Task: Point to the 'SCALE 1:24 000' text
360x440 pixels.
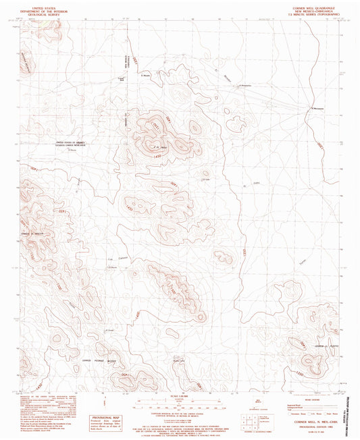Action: [180, 396]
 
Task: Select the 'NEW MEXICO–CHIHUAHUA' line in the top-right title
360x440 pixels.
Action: [319, 9]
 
